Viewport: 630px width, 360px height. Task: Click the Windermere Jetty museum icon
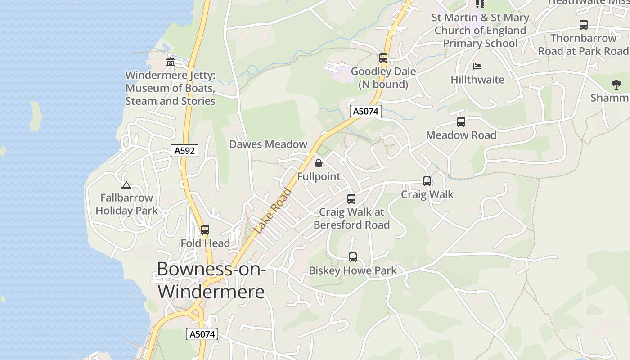coord(170,62)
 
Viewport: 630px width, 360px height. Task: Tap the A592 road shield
coord(184,151)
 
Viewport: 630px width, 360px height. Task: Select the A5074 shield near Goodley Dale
coord(366,111)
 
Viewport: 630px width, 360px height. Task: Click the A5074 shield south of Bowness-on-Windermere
coord(202,334)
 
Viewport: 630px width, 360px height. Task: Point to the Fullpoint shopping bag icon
coord(319,163)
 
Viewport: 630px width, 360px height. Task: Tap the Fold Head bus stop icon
coord(205,230)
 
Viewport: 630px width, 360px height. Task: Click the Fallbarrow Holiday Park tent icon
coord(126,184)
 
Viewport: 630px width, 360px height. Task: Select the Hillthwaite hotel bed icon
coord(477,67)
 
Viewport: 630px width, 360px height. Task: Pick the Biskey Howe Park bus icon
coord(353,257)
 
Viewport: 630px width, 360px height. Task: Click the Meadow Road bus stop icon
coord(461,121)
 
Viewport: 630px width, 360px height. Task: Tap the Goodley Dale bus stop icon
coord(383,58)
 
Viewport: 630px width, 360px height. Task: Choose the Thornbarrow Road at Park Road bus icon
coord(584,25)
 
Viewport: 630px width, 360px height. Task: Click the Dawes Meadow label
coord(268,144)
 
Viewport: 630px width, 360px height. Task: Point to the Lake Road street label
coord(273,211)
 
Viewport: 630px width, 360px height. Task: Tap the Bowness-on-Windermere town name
coord(211,280)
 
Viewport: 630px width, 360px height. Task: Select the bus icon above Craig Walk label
coord(427,181)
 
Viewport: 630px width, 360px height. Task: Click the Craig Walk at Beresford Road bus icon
coord(351,198)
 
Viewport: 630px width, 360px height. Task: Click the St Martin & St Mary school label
coord(480,31)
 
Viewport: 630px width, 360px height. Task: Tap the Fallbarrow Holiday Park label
coord(126,204)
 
